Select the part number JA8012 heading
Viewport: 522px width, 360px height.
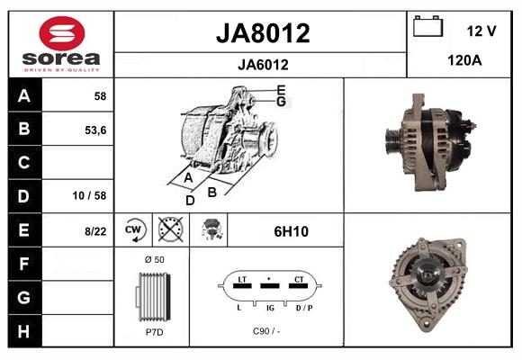263,33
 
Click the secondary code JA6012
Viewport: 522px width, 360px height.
263,64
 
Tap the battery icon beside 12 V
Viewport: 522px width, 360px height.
427,28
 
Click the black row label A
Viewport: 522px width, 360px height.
24,95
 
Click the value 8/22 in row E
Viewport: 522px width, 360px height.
94,231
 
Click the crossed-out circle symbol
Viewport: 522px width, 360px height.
171,230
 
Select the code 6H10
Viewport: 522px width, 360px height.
291,231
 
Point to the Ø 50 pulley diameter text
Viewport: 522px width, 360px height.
153,259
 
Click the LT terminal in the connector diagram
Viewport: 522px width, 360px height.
240,281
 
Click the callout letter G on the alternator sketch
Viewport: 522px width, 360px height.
281,102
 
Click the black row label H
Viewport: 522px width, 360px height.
24,330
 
